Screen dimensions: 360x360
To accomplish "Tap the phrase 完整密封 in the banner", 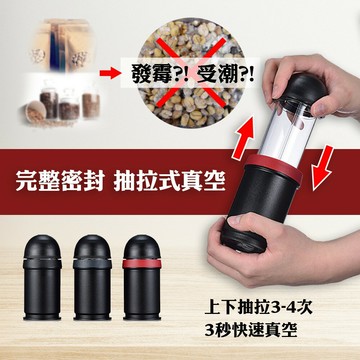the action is [x=60, y=181].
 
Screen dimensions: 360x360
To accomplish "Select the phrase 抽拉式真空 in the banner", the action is [x=170, y=181].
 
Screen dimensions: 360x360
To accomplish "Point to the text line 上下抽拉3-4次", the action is [x=259, y=307].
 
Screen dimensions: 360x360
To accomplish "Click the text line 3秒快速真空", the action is [x=251, y=330].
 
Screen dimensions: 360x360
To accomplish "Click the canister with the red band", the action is [x=142, y=278].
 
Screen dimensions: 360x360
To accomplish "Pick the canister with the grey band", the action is [x=92, y=278].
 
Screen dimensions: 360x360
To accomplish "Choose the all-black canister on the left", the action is [x=42, y=278].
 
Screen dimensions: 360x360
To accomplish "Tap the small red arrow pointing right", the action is [x=110, y=73].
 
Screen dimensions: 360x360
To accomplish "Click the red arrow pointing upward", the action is [x=243, y=137].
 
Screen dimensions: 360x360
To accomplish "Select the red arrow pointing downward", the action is [x=323, y=168].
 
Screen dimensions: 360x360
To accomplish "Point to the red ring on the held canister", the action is [x=273, y=168].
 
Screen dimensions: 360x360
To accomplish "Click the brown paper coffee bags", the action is [x=62, y=45].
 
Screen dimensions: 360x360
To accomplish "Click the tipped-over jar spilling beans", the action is [x=36, y=112].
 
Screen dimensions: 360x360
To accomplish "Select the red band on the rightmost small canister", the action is [x=142, y=264].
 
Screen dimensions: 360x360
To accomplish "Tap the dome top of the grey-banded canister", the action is [x=92, y=246].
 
